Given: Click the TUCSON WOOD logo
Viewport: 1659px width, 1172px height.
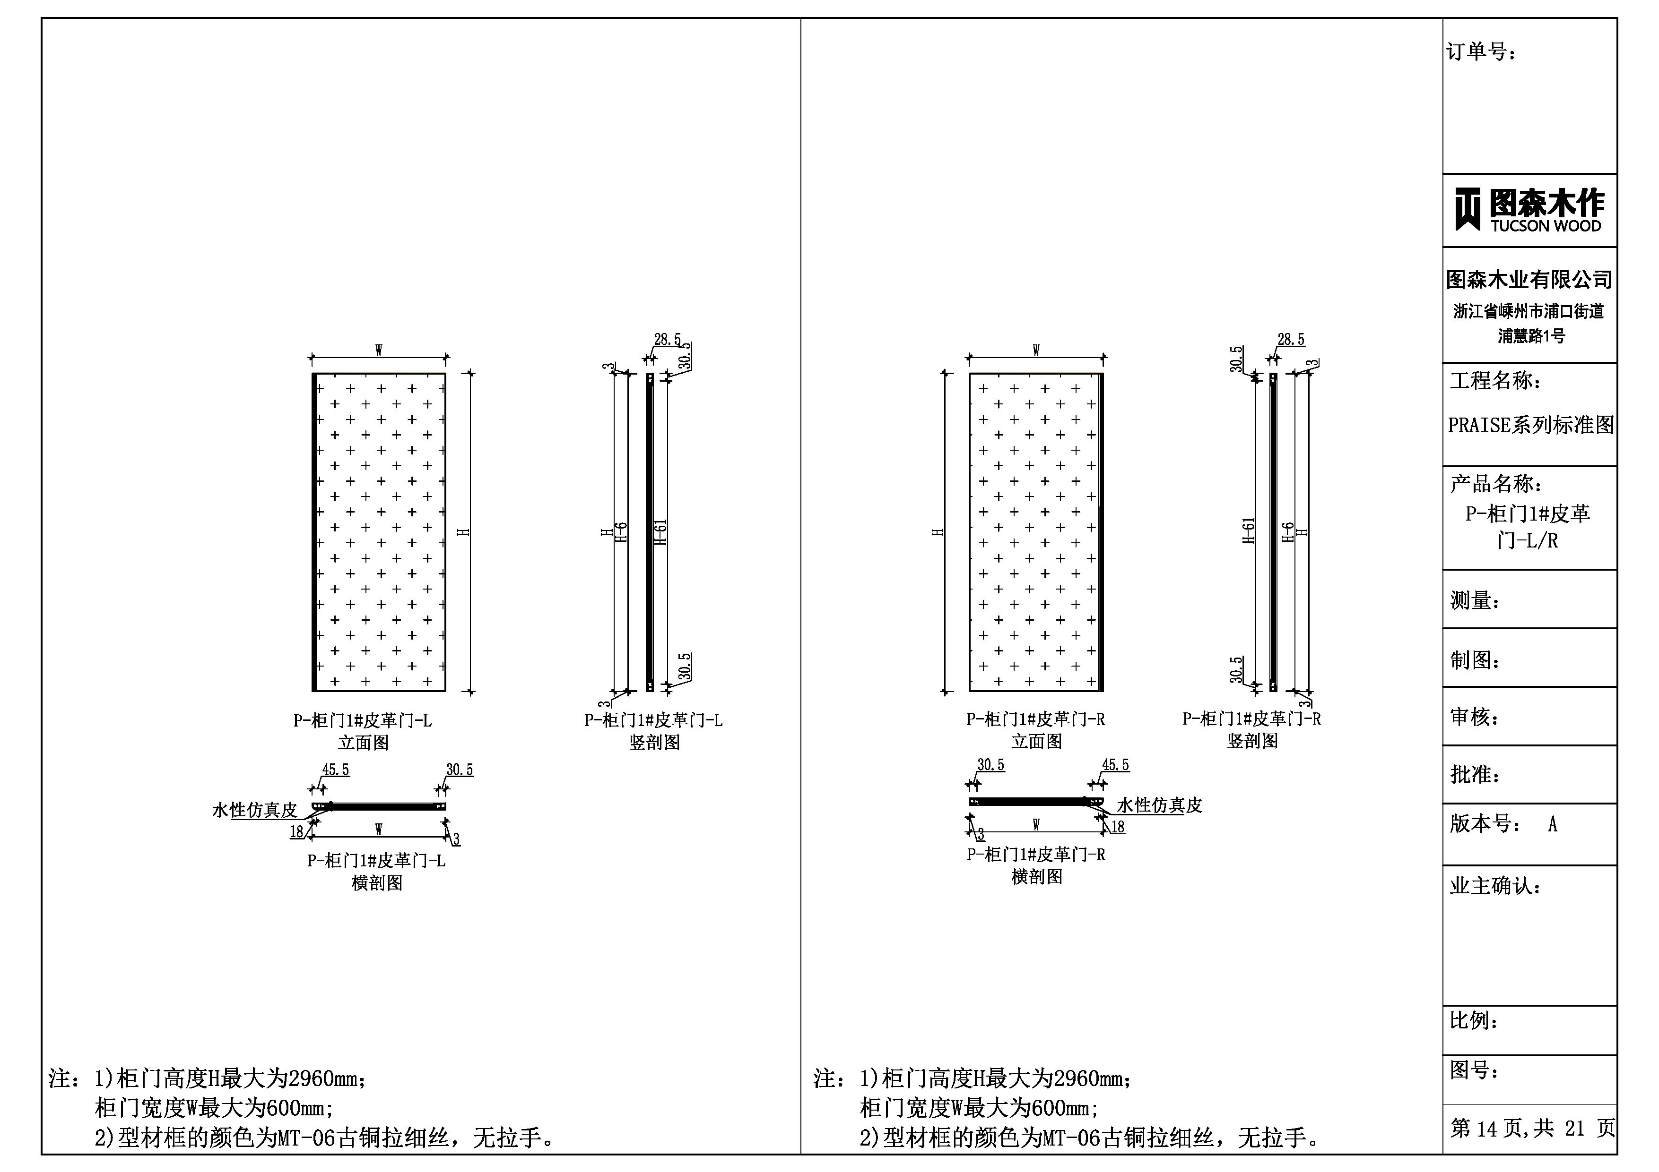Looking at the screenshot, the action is coord(1529,210).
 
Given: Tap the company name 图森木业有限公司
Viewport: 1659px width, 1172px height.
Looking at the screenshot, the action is coord(1529,280).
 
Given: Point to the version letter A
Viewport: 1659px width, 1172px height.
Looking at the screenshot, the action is coord(1553,824).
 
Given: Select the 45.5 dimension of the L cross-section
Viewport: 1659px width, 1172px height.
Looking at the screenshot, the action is coord(335,770).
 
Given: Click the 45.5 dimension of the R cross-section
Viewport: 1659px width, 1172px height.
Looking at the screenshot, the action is coord(1116,765).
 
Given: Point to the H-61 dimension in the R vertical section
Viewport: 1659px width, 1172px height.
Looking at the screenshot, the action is coord(1249,531).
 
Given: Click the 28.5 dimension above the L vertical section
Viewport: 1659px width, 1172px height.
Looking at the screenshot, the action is coord(668,339).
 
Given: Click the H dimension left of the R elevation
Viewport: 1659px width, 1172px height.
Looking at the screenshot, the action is coord(938,532).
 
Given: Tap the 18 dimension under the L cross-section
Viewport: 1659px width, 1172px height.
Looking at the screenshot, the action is coord(296,832).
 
